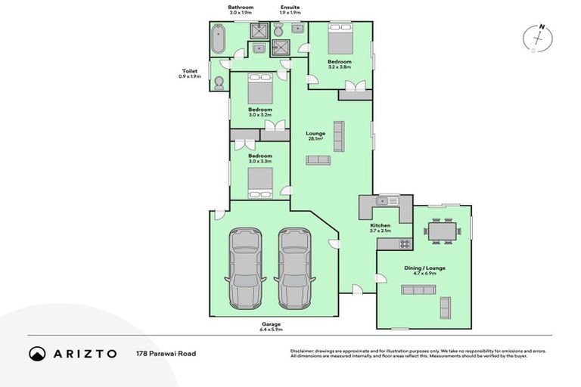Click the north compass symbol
[539, 39]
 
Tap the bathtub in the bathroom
[218, 39]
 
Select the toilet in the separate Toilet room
[219, 82]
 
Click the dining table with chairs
[441, 231]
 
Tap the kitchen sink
[387, 201]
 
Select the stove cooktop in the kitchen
[405, 243]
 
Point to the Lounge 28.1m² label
[315, 136]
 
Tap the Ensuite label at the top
[290, 10]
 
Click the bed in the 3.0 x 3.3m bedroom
[260, 180]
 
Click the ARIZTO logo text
[84, 354]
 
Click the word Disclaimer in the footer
[304, 351]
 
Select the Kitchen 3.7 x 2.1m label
[380, 228]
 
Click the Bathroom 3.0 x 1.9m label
[241, 10]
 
